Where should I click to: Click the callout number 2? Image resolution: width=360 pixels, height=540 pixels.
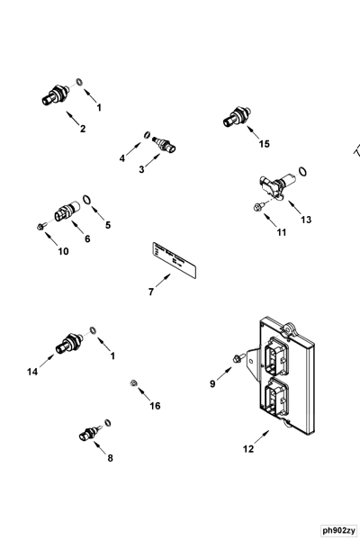click(83, 130)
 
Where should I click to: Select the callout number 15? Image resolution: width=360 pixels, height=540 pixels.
click(264, 144)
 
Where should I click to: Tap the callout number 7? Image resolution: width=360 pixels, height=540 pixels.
click(151, 291)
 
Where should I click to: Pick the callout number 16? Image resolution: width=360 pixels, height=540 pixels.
click(155, 406)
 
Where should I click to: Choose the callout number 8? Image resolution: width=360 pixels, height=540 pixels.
click(111, 458)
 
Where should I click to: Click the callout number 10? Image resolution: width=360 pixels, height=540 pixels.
click(63, 251)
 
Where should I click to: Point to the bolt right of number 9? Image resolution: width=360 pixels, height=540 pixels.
click(238, 359)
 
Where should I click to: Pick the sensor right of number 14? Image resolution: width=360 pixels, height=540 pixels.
click(67, 344)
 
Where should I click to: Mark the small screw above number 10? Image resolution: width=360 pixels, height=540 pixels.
click(42, 225)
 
